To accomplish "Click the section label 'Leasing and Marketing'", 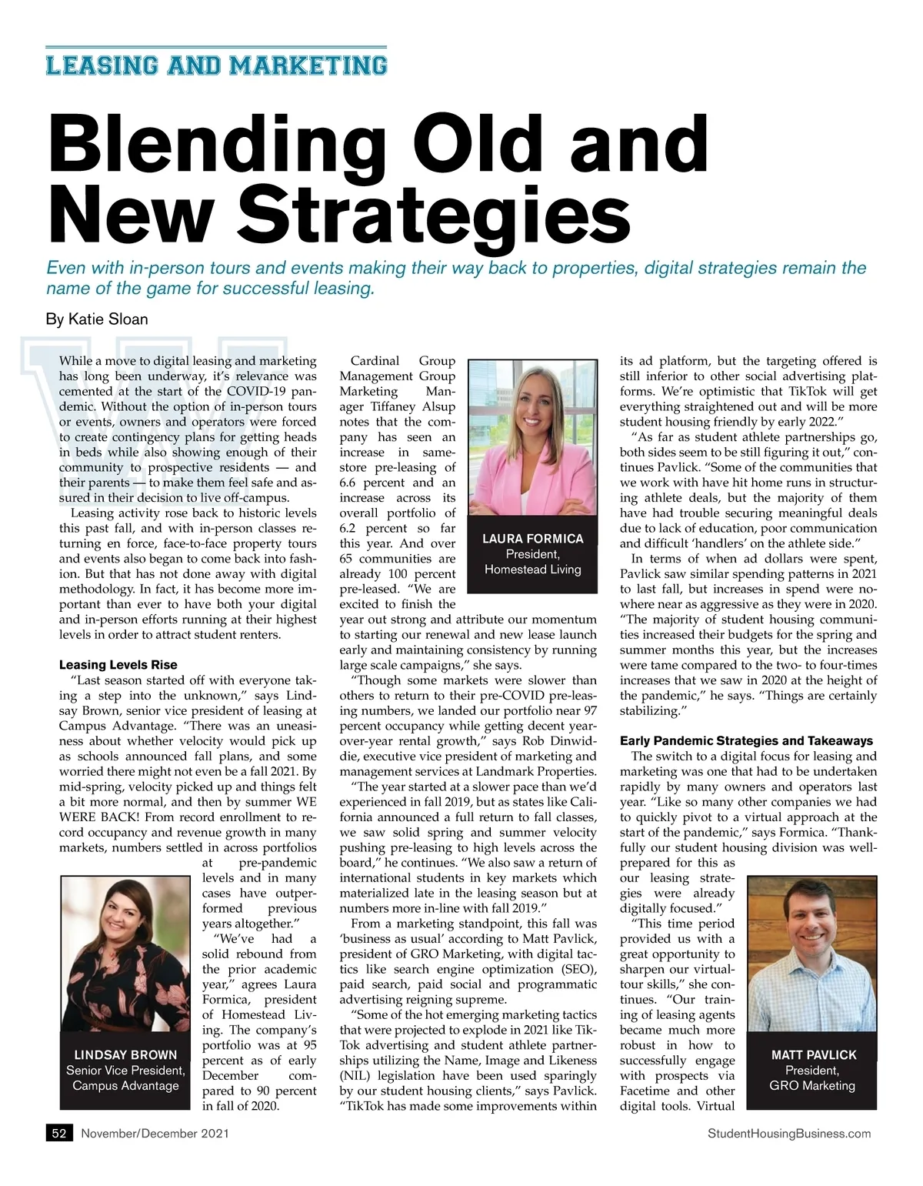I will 216,64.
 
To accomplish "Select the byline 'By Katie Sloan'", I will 97,319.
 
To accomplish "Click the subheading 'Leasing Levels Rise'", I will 118,665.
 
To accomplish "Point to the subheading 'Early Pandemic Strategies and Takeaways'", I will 746,740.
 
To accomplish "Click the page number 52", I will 58,1133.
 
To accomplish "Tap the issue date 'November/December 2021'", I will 155,1133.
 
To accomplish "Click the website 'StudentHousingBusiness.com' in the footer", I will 788,1133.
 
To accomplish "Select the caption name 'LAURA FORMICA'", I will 532,539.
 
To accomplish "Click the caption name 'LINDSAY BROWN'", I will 125,1054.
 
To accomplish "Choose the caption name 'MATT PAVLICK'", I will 813,1054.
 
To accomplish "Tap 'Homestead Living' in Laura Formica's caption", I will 532,570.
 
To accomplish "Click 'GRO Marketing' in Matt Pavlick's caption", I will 812,1085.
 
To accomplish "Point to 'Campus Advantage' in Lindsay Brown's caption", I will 125,1085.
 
